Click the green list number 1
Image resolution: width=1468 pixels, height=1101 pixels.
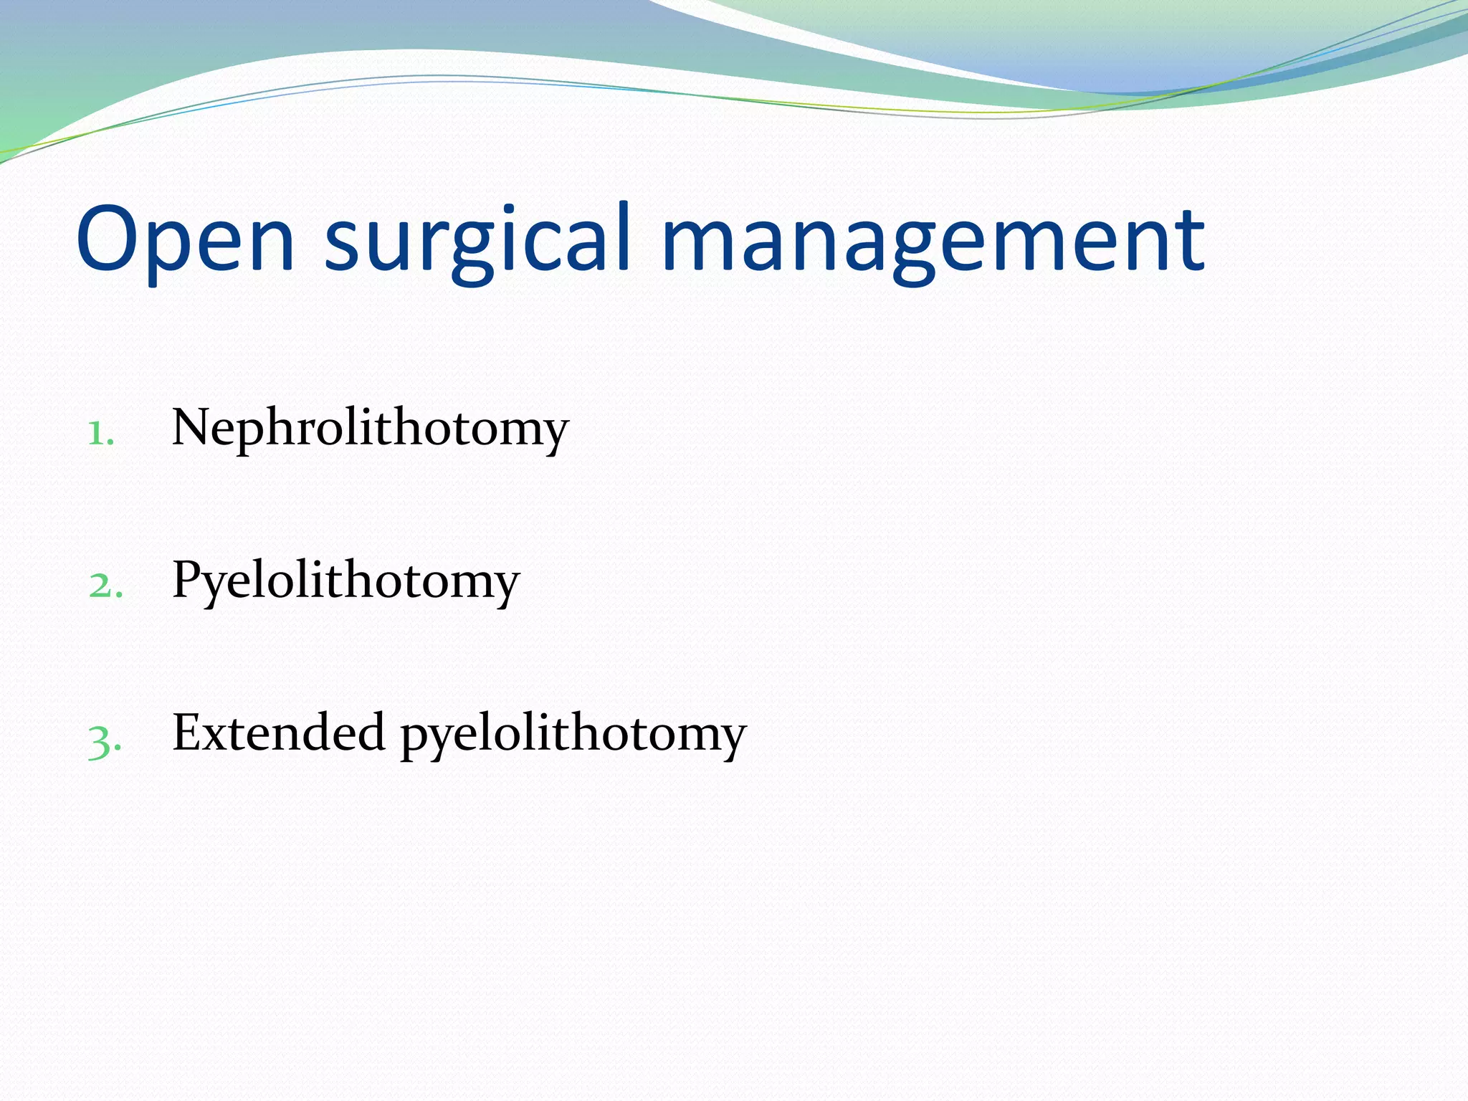tap(100, 433)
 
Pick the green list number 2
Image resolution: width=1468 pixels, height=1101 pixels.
tap(105, 585)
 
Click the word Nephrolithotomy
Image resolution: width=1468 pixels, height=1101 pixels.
tap(370, 429)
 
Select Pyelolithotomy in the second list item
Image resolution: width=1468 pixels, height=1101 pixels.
tap(345, 581)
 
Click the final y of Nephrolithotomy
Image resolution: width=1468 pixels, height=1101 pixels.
tap(553, 434)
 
